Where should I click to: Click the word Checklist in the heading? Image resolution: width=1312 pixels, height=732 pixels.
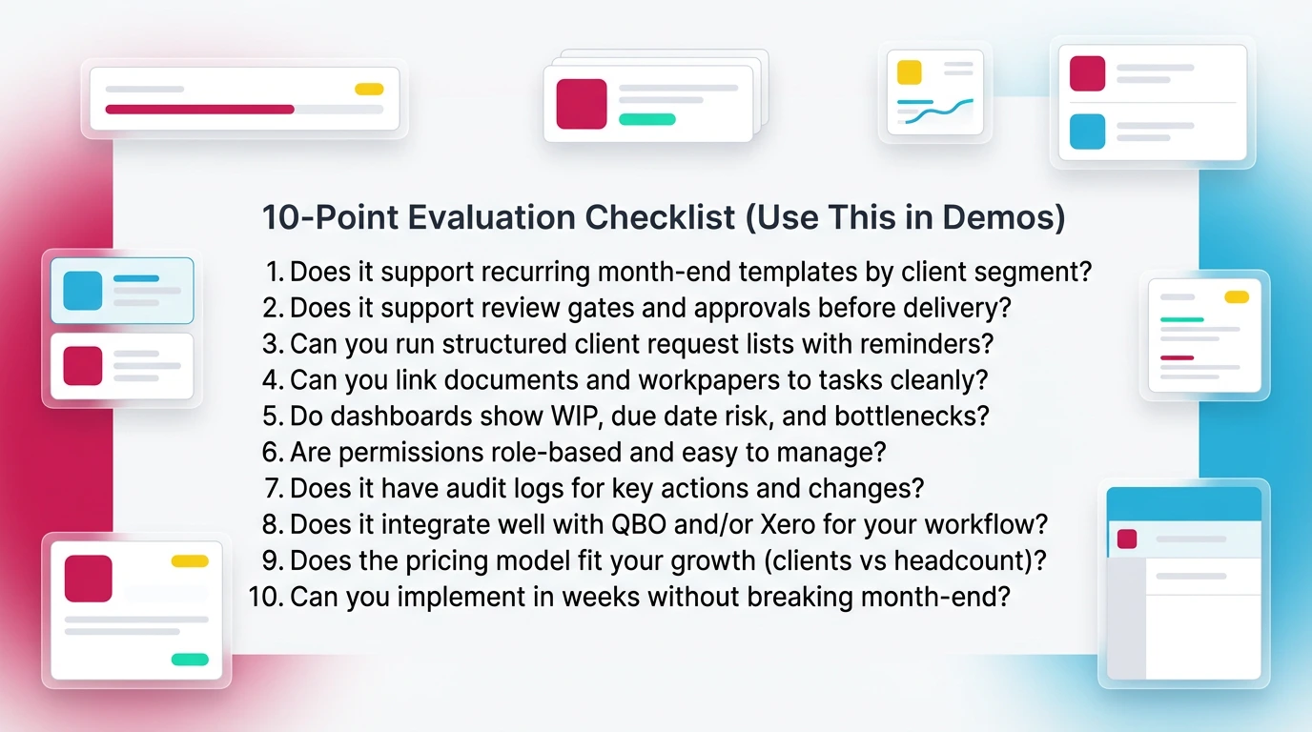(x=660, y=217)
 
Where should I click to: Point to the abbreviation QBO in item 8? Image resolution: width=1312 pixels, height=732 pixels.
(x=639, y=525)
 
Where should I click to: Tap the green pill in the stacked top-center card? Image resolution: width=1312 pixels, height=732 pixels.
(x=647, y=119)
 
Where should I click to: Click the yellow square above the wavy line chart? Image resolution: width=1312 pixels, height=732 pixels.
(x=909, y=72)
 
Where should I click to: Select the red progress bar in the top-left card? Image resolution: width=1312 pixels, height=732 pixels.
(x=199, y=110)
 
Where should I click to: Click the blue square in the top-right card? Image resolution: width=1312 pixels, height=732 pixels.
(x=1087, y=132)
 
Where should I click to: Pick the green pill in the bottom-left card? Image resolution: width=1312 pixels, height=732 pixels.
(x=190, y=660)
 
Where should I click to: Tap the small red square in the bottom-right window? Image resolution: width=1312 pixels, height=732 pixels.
(x=1127, y=539)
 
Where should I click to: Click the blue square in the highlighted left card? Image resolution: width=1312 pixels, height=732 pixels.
(x=83, y=291)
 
